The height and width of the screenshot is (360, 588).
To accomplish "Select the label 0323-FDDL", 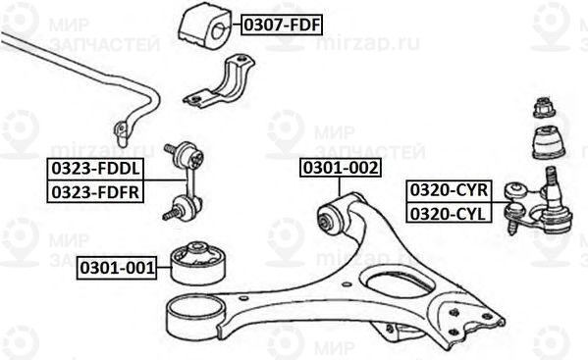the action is coord(94,170).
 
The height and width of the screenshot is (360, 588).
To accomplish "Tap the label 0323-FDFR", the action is coord(94,191).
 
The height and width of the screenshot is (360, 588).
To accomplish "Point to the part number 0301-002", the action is coord(340,169).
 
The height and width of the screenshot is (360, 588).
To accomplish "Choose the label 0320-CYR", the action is coord(447,189).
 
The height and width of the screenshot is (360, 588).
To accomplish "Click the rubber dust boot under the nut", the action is coord(547,144).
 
